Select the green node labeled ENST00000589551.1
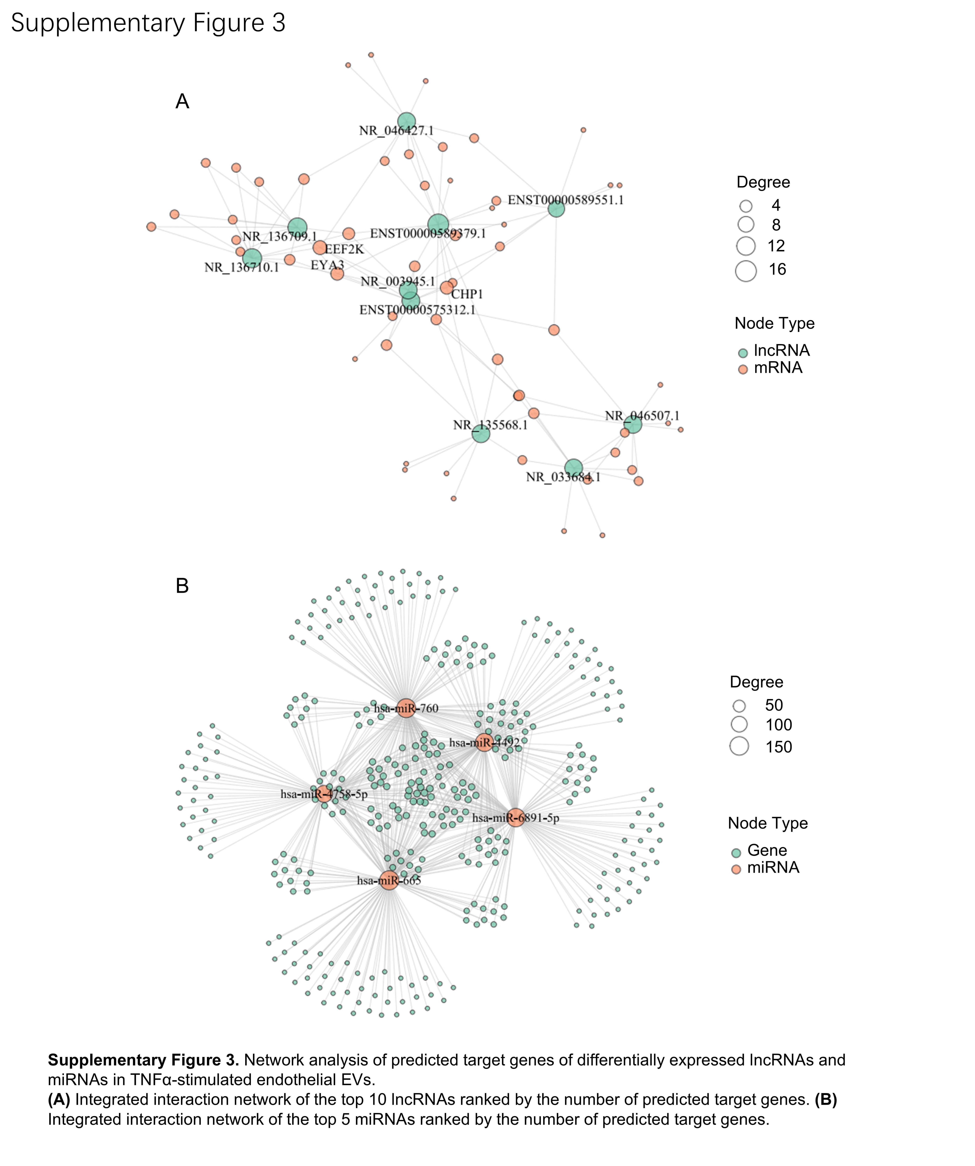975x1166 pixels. [x=556, y=209]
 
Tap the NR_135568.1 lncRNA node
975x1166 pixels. [x=481, y=434]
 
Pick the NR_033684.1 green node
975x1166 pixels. [x=573, y=468]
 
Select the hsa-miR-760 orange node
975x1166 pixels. [x=406, y=708]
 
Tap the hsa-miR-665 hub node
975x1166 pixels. [x=389, y=880]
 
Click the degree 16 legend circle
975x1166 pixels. [x=746, y=271]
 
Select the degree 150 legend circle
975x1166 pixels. [x=739, y=746]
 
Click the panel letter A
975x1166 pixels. [x=182, y=102]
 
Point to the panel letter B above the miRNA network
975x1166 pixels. [x=182, y=586]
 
